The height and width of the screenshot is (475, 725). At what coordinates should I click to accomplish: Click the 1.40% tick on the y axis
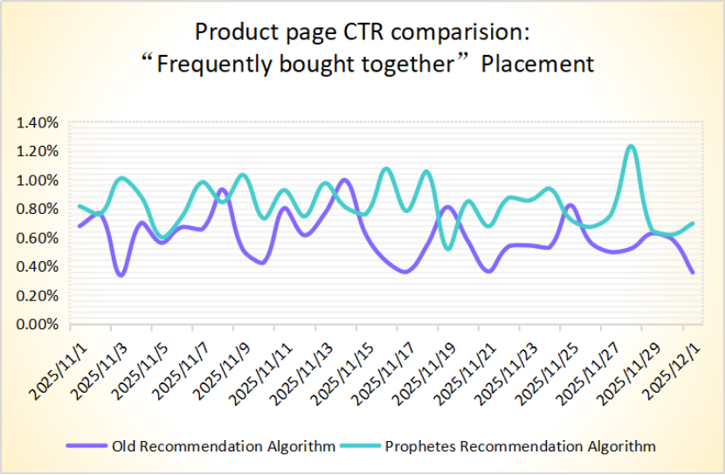click(37, 123)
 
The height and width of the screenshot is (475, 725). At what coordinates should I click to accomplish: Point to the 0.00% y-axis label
click(37, 325)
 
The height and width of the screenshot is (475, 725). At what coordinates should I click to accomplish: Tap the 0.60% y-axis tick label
click(37, 238)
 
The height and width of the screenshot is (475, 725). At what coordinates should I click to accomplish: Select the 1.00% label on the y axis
click(37, 181)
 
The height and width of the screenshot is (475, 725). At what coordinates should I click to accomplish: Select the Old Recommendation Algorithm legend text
click(224, 446)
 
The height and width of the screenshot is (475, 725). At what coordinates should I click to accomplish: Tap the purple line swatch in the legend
click(87, 446)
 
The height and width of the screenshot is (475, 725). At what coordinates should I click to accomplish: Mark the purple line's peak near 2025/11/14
click(344, 181)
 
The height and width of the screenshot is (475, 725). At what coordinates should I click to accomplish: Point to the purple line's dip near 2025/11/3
click(121, 275)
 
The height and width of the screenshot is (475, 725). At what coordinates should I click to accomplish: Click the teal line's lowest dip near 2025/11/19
click(449, 249)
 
